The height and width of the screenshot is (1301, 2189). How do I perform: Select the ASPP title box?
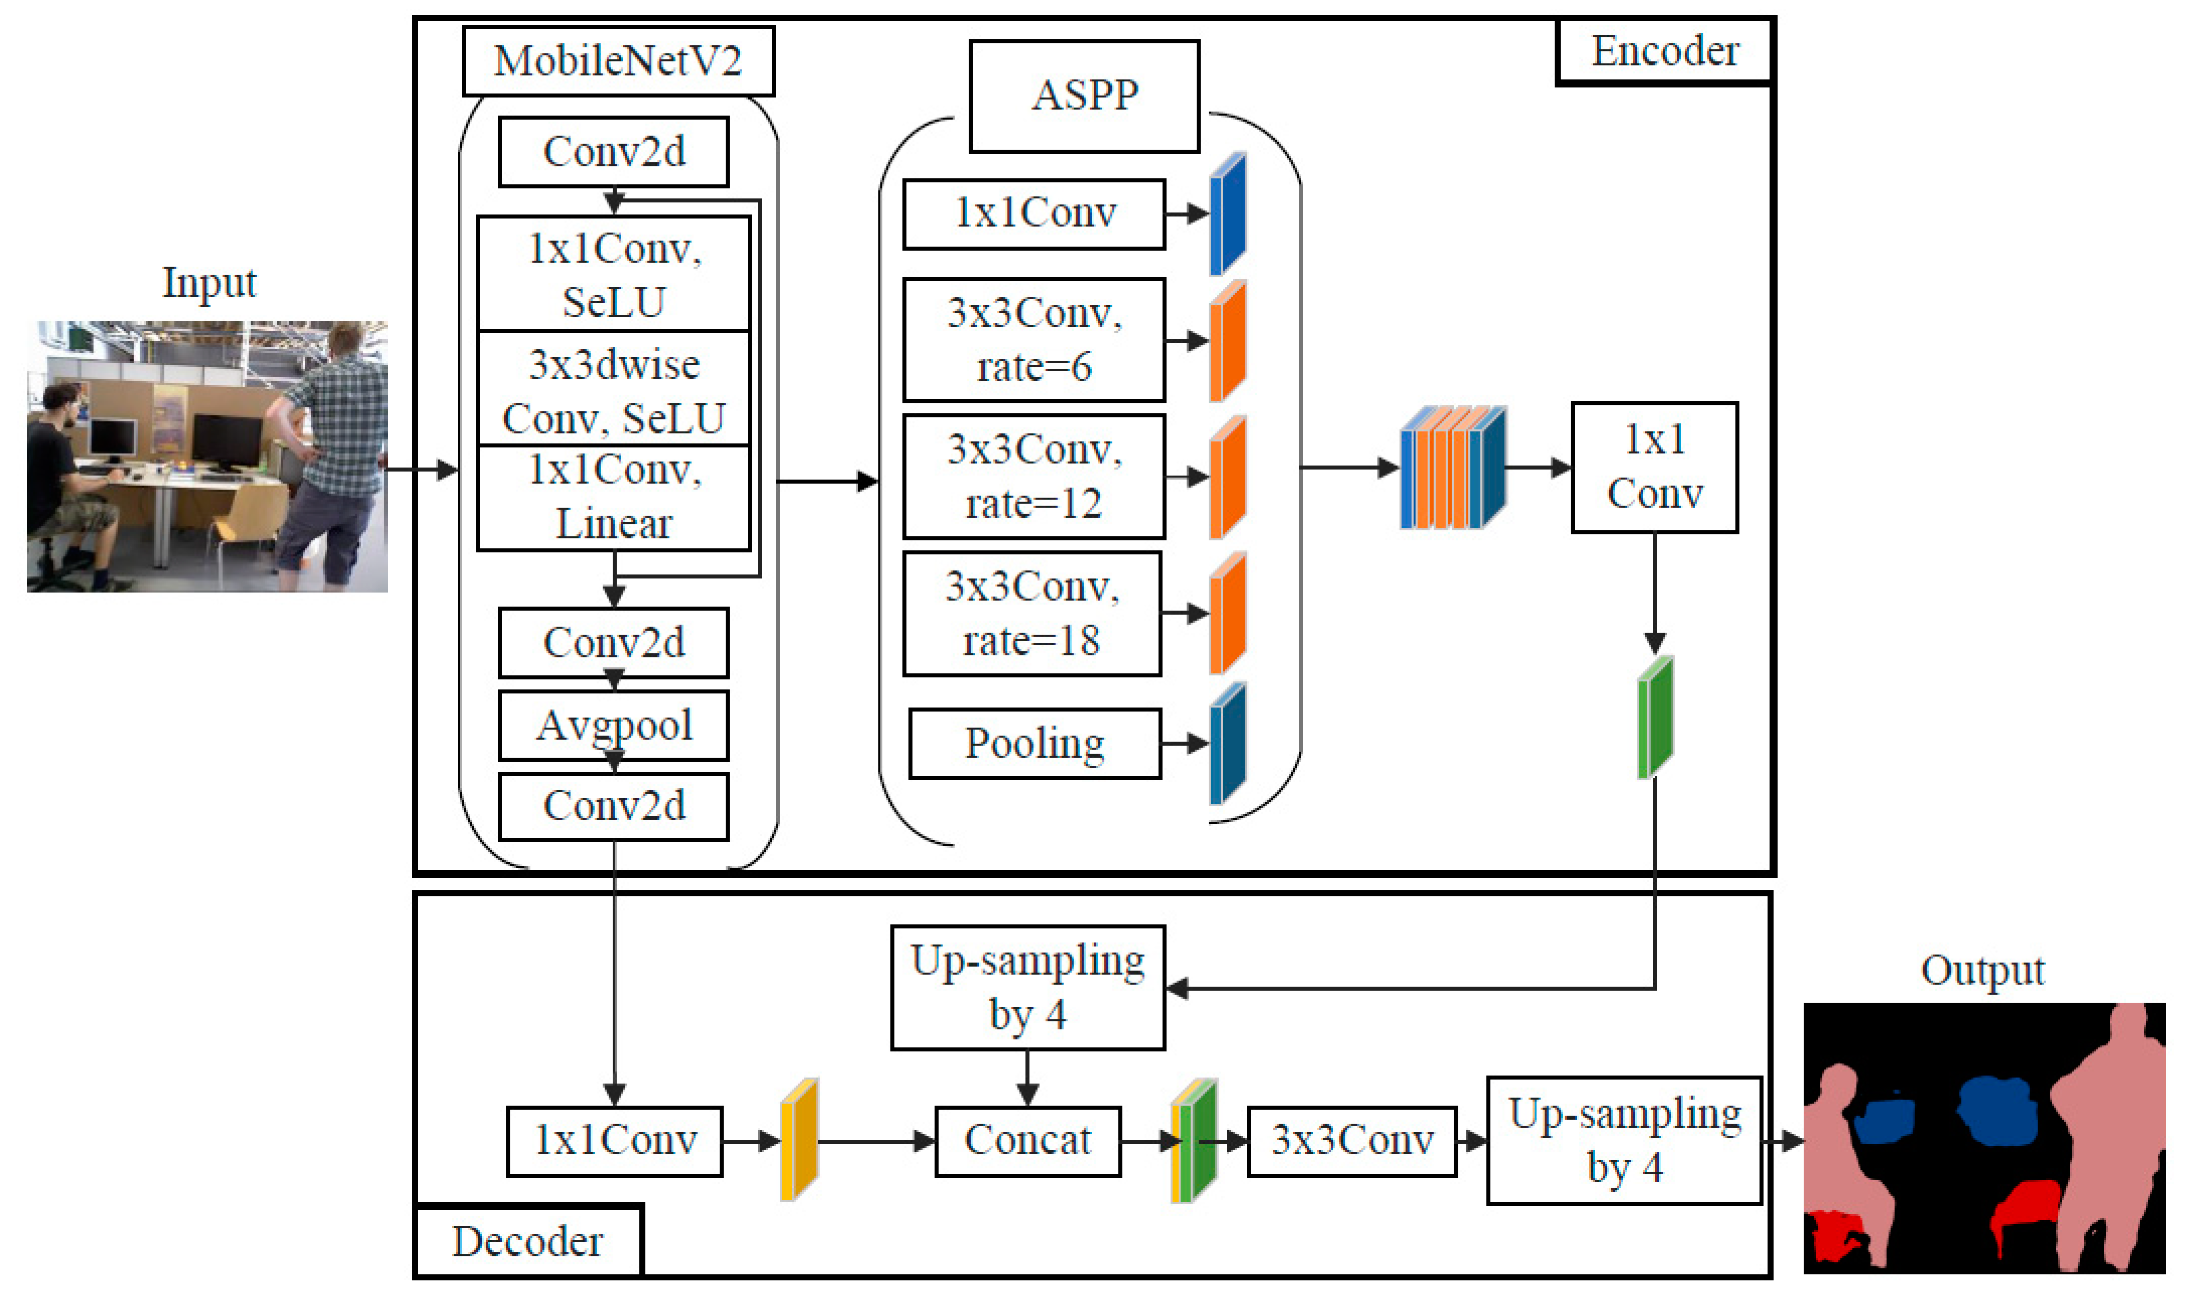pyautogui.click(x=1084, y=95)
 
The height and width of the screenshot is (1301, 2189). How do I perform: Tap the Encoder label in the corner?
pyautogui.click(x=1664, y=52)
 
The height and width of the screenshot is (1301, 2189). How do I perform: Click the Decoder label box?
pyautogui.click(x=528, y=1242)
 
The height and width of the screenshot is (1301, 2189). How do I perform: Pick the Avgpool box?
pyautogui.click(x=614, y=725)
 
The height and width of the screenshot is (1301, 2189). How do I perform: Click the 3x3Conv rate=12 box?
pyautogui.click(x=1034, y=477)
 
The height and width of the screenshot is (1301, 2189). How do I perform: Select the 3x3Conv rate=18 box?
pyautogui.click(x=1032, y=613)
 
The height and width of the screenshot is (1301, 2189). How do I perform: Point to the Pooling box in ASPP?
pyautogui.click(x=1034, y=744)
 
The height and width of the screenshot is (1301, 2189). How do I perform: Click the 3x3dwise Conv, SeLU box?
pyautogui.click(x=614, y=390)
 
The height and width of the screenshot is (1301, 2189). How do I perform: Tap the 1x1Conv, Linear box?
pyautogui.click(x=614, y=497)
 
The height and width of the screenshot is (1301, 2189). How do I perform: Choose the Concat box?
pyautogui.click(x=1027, y=1140)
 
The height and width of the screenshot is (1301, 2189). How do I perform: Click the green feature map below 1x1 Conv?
pyautogui.click(x=1655, y=717)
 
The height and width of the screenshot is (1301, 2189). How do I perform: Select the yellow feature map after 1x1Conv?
pyautogui.click(x=798, y=1140)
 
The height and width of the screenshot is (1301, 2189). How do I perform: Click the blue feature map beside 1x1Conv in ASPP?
pyautogui.click(x=1227, y=214)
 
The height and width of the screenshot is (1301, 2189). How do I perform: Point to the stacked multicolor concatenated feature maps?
pyautogui.click(x=1452, y=468)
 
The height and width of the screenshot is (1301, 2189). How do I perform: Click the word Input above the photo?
pyautogui.click(x=209, y=282)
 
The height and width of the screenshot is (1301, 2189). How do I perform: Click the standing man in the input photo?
pyautogui.click(x=337, y=447)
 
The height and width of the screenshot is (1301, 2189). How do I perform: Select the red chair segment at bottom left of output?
pyautogui.click(x=1834, y=1236)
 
